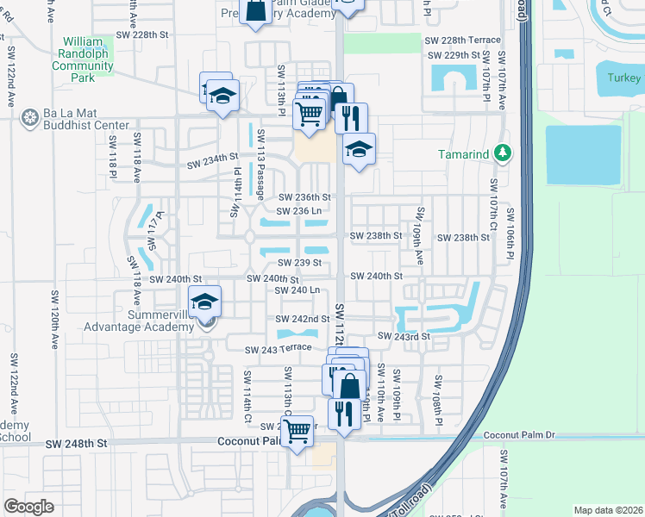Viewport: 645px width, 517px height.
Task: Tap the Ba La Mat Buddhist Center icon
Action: coord(30,116)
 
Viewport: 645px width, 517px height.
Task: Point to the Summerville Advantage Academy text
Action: coord(141,320)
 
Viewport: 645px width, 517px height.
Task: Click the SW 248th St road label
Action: coord(78,443)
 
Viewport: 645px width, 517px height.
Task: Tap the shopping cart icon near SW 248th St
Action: coord(297,437)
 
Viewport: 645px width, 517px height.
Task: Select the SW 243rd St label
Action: coord(404,336)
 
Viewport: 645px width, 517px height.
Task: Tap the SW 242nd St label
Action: coord(303,319)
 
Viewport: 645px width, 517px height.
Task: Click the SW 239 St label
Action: coord(299,263)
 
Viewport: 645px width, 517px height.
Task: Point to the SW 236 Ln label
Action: coord(299,211)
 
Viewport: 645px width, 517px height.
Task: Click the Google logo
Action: coord(28,506)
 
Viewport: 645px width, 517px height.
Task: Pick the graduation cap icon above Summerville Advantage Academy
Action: coord(204,302)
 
